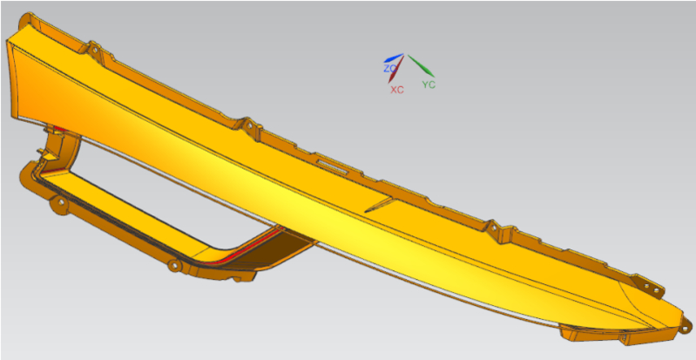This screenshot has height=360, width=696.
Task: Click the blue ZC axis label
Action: click(389, 69)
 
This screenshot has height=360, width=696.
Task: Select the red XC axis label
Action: click(397, 90)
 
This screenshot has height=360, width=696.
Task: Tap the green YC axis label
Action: click(429, 85)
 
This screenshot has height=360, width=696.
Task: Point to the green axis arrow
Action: click(421, 65)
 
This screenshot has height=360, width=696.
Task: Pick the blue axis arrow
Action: click(393, 58)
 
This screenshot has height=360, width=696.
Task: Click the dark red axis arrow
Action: click(396, 69)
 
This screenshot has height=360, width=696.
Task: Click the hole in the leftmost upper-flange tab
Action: click(94, 50)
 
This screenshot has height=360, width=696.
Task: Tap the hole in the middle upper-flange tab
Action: click(249, 126)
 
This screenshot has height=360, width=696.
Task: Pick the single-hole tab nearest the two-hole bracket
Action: click(493, 228)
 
